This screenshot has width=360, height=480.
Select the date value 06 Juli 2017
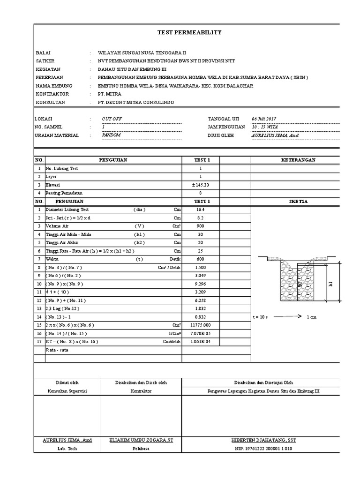click(264, 119)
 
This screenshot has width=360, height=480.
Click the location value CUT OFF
click(112, 119)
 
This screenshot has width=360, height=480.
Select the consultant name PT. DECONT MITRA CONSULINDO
click(135, 102)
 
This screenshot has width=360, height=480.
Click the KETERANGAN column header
click(298, 160)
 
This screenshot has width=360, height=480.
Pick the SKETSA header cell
click(298, 201)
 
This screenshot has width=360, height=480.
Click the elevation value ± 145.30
click(200, 185)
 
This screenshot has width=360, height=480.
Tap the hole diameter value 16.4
click(200, 210)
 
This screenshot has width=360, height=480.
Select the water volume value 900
click(200, 226)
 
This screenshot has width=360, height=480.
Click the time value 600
click(200, 259)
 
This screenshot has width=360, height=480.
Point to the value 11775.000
click(200, 325)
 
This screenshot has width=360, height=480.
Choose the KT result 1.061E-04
click(200, 342)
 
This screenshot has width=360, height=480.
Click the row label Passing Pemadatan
click(64, 193)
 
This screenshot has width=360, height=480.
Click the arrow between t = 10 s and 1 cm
click(286, 316)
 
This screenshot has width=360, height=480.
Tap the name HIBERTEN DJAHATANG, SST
click(263, 440)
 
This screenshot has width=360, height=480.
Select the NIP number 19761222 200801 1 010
click(263, 449)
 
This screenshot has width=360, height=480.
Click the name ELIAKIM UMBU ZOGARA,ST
click(142, 440)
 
